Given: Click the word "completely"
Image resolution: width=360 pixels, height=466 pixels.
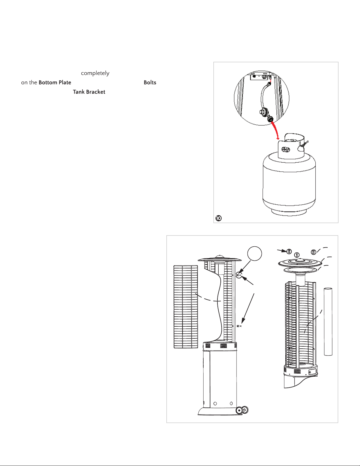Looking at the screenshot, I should pos(95,73).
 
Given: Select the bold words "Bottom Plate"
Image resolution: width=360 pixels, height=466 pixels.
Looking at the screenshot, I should pos(55,83).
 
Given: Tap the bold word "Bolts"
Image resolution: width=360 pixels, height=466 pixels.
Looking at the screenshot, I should pos(150,83).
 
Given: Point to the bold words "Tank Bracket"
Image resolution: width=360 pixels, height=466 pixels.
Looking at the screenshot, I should pos(89,92).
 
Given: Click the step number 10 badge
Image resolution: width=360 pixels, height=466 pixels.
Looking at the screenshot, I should pos(218,218).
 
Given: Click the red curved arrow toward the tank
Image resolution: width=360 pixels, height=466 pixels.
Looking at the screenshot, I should pos(275,131).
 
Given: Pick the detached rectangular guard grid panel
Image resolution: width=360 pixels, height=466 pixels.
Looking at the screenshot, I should pos(185,307).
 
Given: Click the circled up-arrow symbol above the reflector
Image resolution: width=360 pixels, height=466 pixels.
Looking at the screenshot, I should pos(297,255).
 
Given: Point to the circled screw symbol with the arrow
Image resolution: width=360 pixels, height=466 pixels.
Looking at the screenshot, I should pos(289,251).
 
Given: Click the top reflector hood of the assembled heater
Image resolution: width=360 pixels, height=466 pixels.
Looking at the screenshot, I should pos(220,259).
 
